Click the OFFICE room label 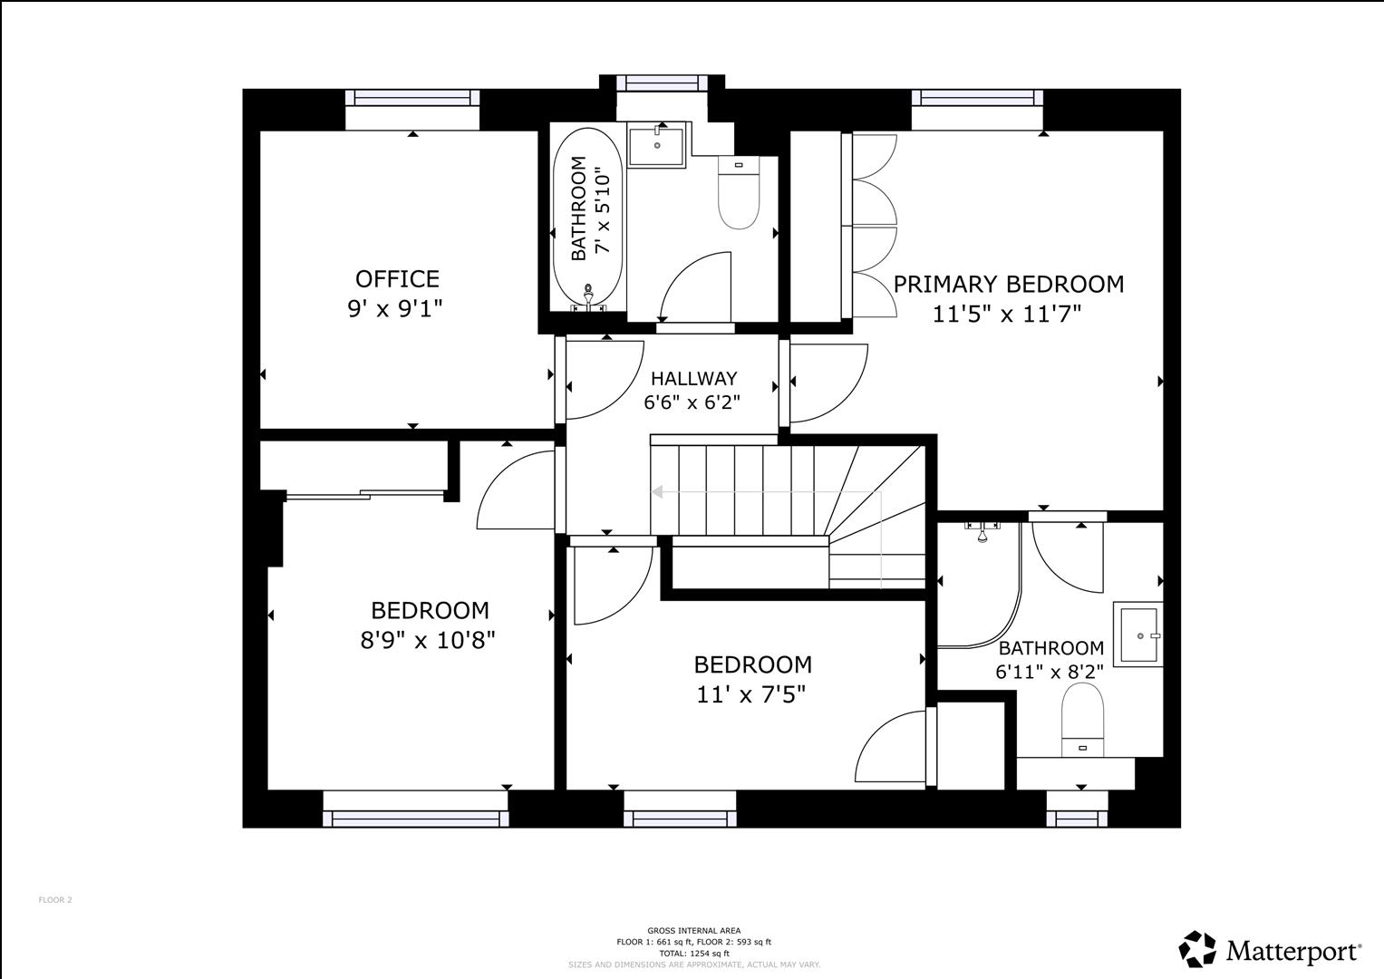coord(397,278)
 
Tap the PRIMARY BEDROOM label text coord(1008,285)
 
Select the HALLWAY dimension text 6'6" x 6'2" coord(692,402)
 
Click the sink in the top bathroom coord(657,145)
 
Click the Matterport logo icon coord(1197,950)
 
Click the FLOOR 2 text coord(54,900)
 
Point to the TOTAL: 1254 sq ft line coord(693,954)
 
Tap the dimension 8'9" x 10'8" coord(428,641)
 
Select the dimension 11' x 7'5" coord(751,695)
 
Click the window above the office coord(412,97)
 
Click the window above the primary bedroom coord(977,97)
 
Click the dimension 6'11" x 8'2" coord(1049,673)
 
